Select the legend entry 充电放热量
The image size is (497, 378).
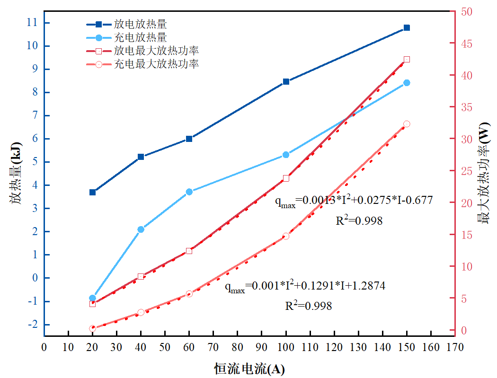tap(140, 37)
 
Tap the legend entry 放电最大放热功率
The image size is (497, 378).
tap(156, 50)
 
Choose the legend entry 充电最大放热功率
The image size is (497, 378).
tap(156, 64)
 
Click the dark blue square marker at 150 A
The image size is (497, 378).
tap(407, 28)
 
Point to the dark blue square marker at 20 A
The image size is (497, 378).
tap(92, 192)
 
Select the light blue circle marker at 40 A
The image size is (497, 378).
tap(141, 229)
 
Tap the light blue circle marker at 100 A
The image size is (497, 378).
tap(286, 155)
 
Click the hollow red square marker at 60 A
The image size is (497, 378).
tap(189, 251)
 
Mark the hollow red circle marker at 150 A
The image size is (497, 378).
tap(407, 124)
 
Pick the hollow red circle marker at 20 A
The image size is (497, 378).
tap(92, 328)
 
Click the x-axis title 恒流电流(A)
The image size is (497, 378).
tap(249, 369)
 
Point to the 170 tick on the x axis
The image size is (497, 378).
tap(455, 346)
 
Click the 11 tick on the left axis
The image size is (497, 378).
tap(32, 22)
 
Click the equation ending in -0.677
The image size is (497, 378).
tap(354, 201)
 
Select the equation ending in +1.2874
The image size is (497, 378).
tap(304, 286)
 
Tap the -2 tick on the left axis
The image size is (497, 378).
tap(31, 325)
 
